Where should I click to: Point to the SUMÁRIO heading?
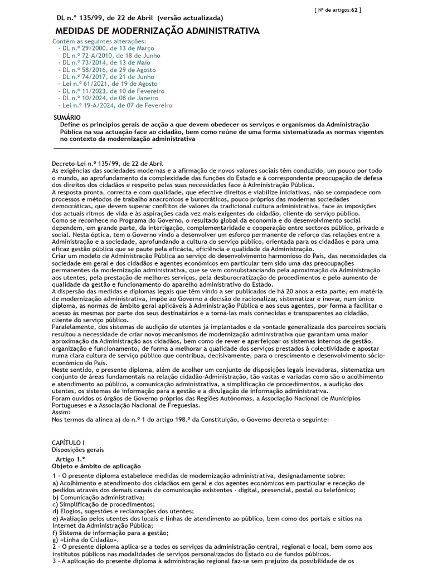tap(67, 118)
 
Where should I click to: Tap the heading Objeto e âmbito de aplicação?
tap(96, 466)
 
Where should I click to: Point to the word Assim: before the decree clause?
tap(60, 412)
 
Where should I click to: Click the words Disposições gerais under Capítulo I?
tap(77, 449)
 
